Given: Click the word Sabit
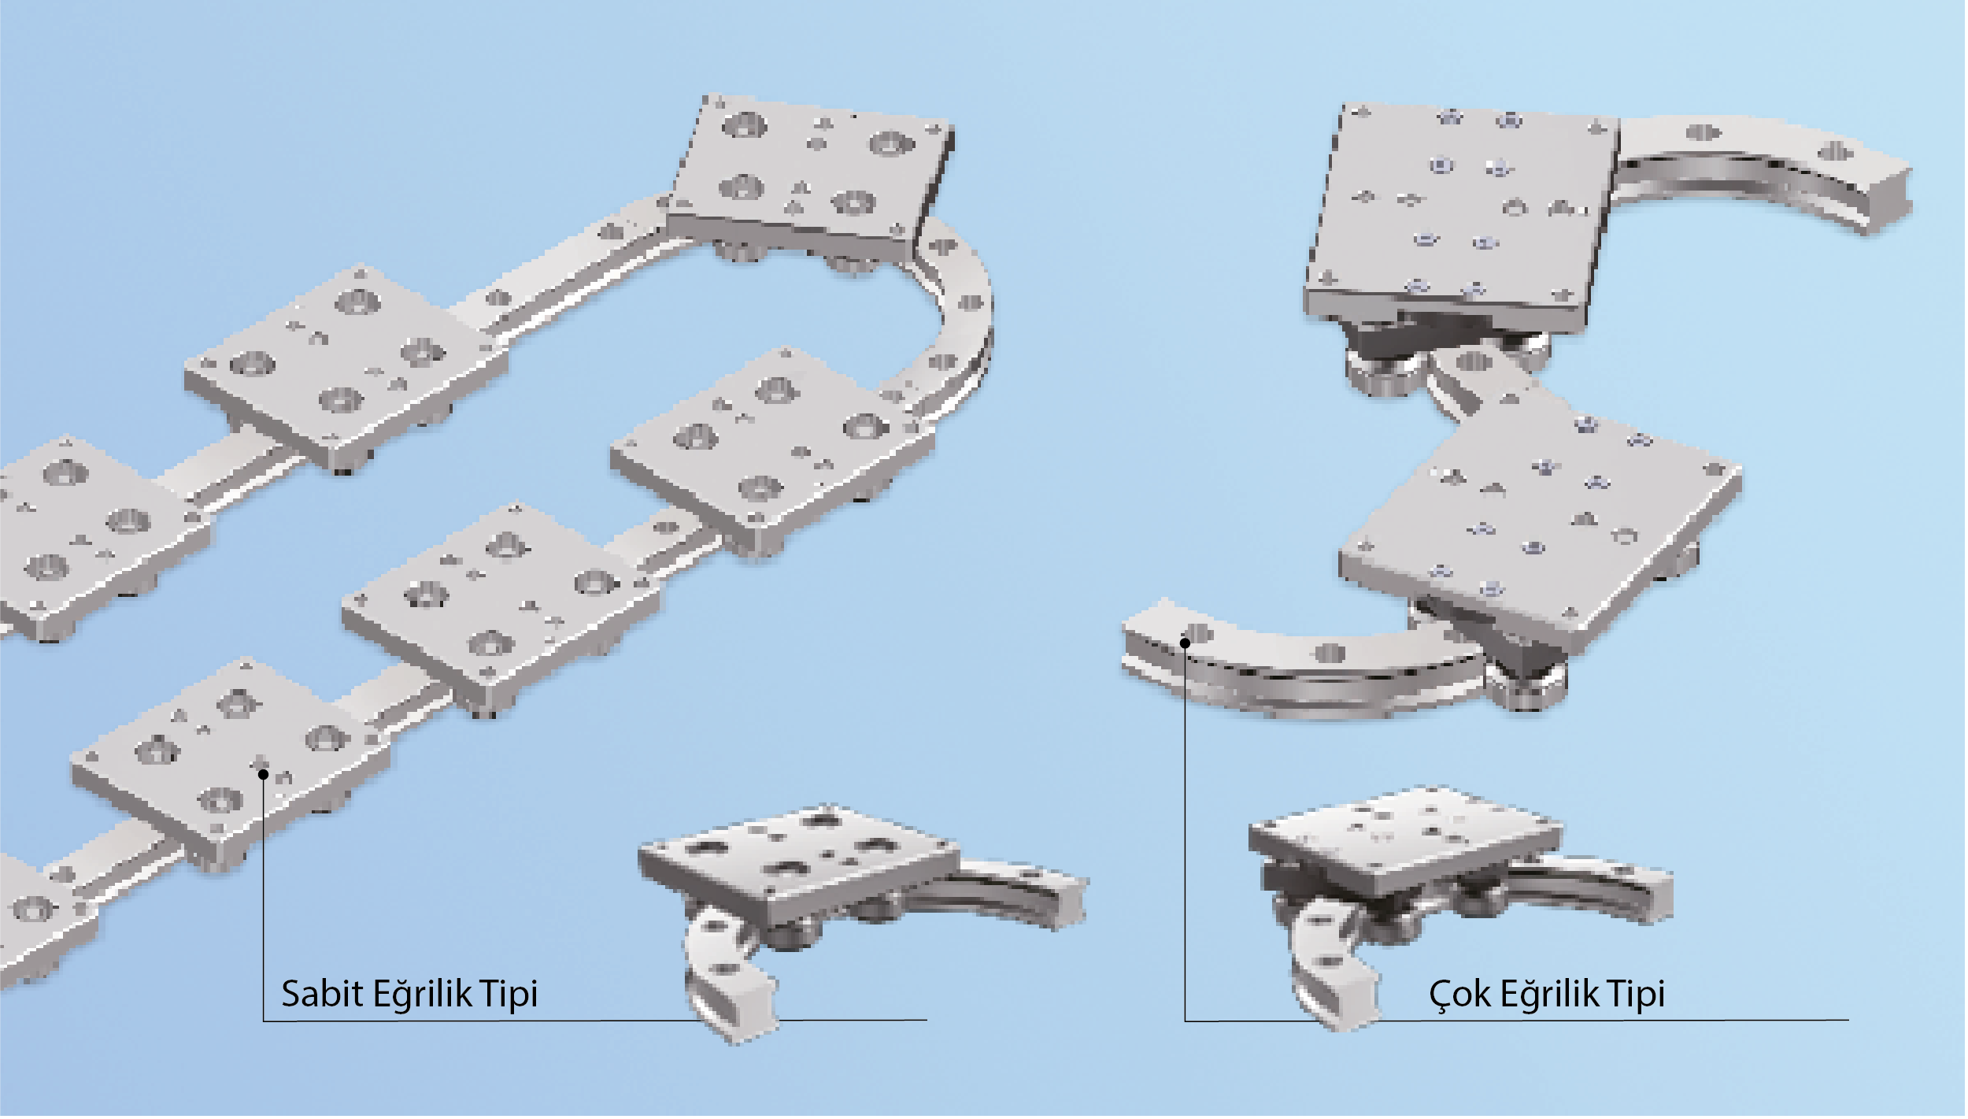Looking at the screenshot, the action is pos(321,994).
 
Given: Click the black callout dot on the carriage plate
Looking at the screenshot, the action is pos(264,775).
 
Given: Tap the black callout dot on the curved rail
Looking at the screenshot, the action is pos(1185,643).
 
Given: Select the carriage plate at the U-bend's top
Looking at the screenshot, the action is pos(811,178).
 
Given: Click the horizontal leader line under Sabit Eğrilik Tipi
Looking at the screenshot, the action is pos(595,1021).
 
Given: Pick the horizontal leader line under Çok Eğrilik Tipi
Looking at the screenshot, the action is pos(1517,1021).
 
